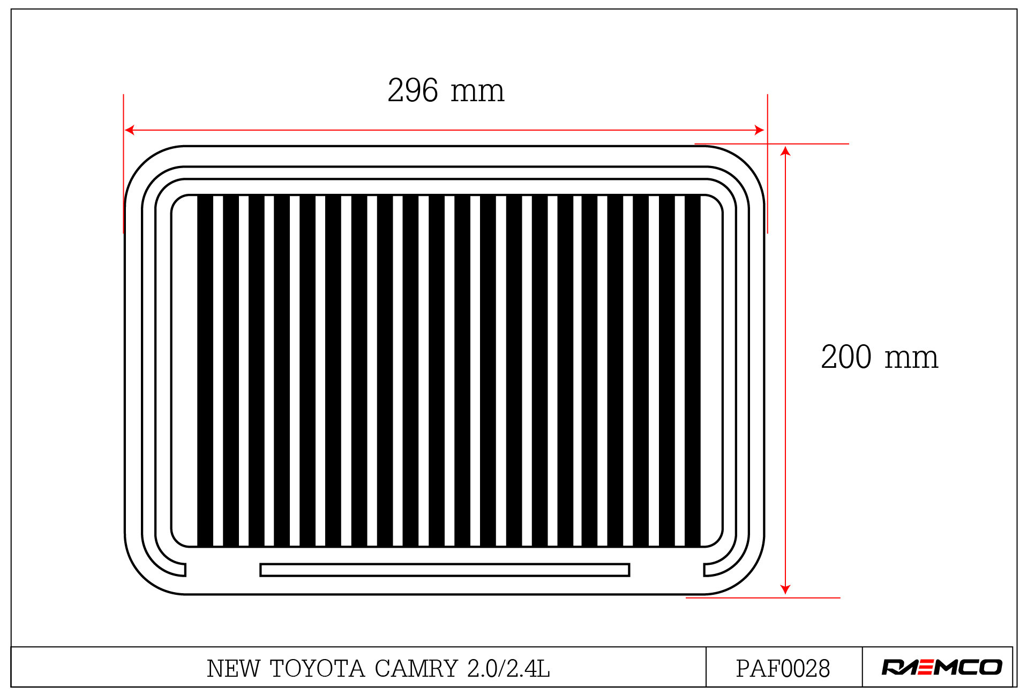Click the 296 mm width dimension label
click(446, 90)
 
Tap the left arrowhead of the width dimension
click(129, 130)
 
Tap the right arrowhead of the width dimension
click(759, 130)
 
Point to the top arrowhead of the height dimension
click(785, 150)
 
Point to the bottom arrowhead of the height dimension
click(785, 589)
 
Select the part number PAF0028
click(783, 668)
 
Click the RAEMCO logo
click(941, 667)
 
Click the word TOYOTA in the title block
click(317, 668)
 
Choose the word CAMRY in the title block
click(416, 668)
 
